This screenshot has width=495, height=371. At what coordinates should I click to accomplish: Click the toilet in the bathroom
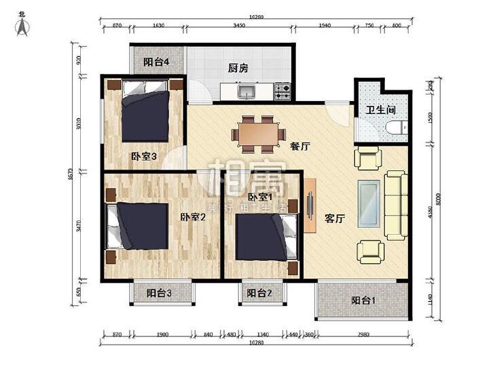397,128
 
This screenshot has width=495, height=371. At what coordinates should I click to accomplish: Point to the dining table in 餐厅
257,132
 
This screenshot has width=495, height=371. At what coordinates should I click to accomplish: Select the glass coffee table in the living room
370,203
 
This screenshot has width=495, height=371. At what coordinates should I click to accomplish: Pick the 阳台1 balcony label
365,301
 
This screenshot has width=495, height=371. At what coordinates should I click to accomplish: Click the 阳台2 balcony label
259,294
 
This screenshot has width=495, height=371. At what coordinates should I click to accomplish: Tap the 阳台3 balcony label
160,294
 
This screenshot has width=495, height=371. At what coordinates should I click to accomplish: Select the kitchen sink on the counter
245,90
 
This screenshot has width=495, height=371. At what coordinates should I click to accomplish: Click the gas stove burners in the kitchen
282,88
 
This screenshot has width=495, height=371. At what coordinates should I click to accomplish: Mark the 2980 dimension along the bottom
363,334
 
